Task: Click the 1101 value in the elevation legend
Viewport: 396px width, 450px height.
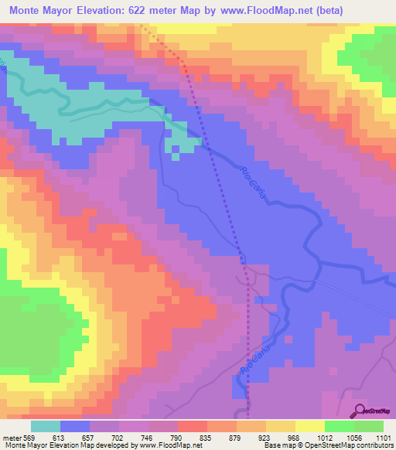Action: (x=384, y=437)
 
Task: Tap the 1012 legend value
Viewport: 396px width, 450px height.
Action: (x=325, y=437)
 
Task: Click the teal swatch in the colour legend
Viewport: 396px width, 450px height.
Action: (x=46, y=426)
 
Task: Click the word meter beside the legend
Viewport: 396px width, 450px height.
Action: (x=12, y=437)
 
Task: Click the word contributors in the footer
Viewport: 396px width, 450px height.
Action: (x=372, y=445)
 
